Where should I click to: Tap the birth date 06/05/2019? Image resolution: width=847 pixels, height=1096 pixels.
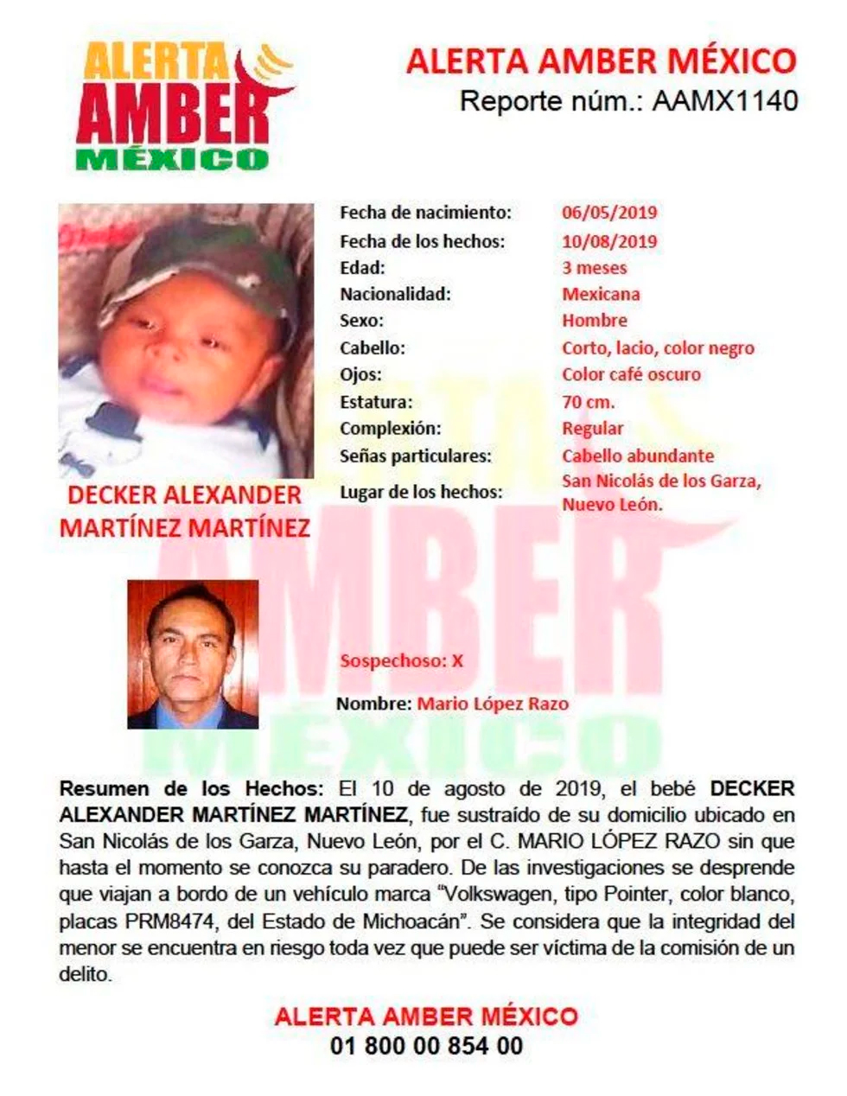(609, 213)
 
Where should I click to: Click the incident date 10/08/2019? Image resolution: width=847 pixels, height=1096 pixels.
(609, 241)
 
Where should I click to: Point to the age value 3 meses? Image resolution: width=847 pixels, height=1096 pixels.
(595, 268)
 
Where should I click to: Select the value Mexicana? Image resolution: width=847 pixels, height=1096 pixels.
(601, 294)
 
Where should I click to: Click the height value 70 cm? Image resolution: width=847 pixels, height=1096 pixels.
(589, 402)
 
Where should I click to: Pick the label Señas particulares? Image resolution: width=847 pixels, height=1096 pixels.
(415, 456)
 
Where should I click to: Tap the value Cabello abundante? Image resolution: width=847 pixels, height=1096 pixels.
(638, 456)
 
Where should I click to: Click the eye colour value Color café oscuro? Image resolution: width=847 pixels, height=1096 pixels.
(631, 374)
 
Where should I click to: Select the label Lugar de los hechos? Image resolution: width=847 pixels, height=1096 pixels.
(421, 492)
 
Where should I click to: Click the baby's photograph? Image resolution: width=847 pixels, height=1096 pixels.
(186, 341)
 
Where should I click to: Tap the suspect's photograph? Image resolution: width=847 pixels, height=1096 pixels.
(193, 654)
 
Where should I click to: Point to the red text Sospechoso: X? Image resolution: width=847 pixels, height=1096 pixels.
(401, 661)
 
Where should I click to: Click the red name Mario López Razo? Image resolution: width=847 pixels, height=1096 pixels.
(493, 704)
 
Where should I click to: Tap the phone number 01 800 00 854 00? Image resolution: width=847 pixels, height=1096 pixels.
(426, 1046)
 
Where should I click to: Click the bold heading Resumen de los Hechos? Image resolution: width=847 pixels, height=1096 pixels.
(191, 788)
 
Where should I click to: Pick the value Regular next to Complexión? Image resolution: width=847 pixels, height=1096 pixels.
(592, 429)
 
